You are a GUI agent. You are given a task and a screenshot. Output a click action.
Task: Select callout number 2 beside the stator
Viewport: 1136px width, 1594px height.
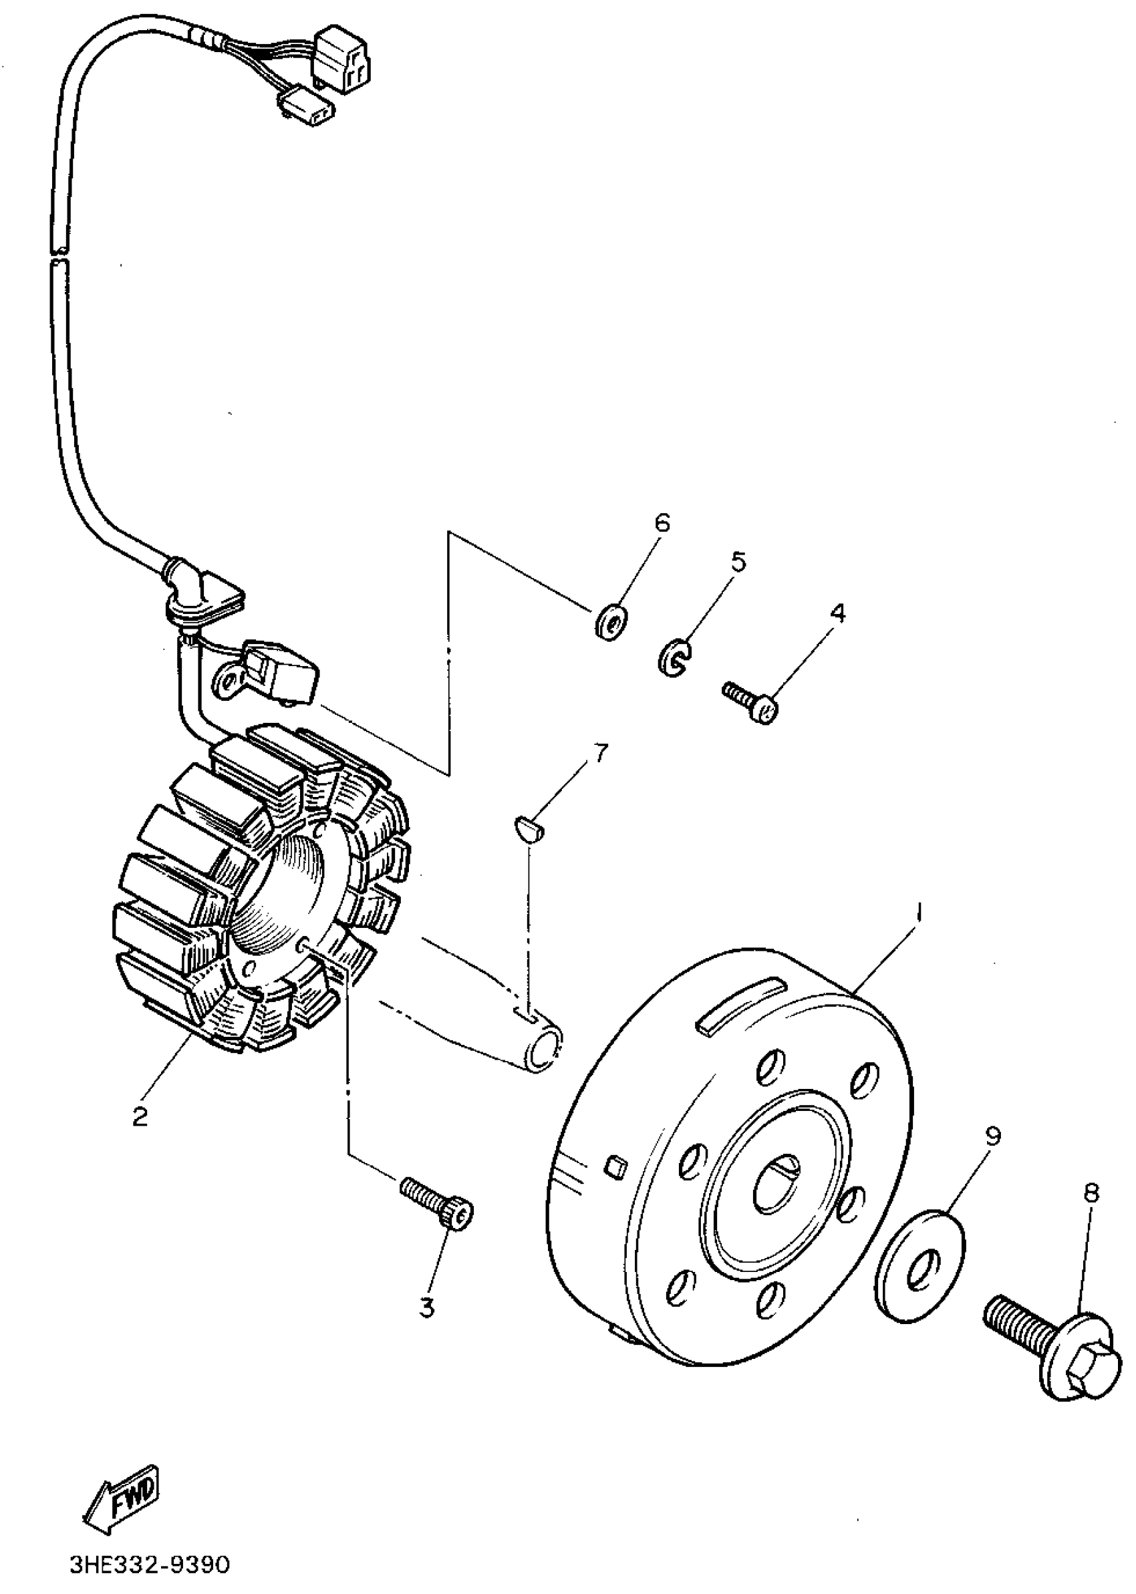(x=140, y=1116)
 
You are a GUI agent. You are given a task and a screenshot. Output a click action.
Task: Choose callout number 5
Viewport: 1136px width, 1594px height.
(x=738, y=561)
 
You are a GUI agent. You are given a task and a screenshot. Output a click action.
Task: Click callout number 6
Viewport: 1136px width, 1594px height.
(x=662, y=522)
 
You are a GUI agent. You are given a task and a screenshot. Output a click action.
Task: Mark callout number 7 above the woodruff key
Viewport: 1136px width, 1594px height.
(x=600, y=753)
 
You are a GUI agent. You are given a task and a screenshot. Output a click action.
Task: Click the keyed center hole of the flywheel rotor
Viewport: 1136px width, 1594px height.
(x=774, y=1184)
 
